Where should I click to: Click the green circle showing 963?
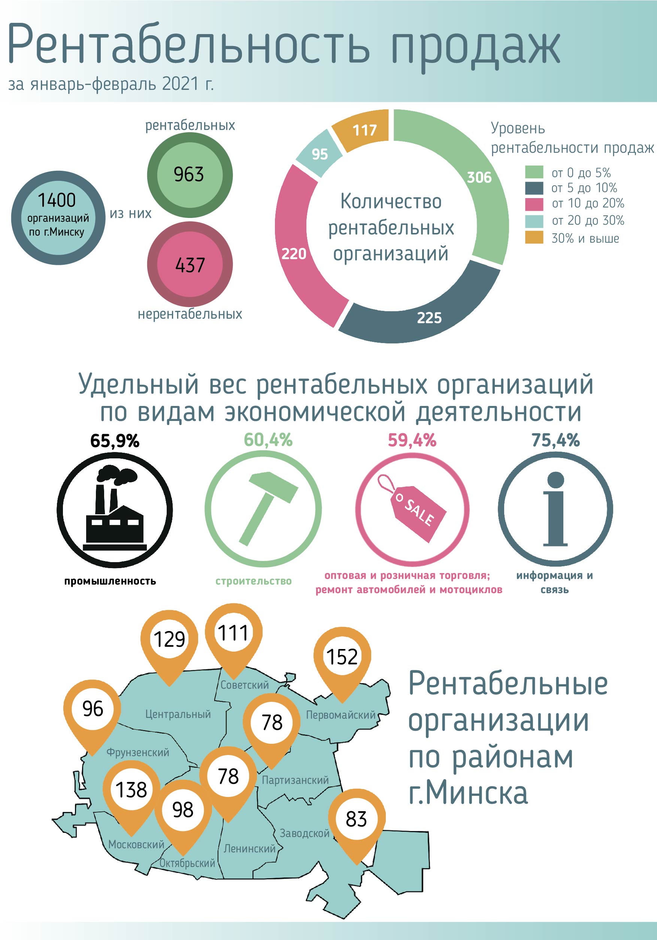coord(190,175)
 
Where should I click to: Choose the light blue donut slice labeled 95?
coord(320,154)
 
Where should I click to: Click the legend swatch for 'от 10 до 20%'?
coord(534,204)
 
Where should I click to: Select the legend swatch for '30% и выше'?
coord(534,237)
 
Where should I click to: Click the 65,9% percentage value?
coord(115,441)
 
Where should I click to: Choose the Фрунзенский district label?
coord(137,752)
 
